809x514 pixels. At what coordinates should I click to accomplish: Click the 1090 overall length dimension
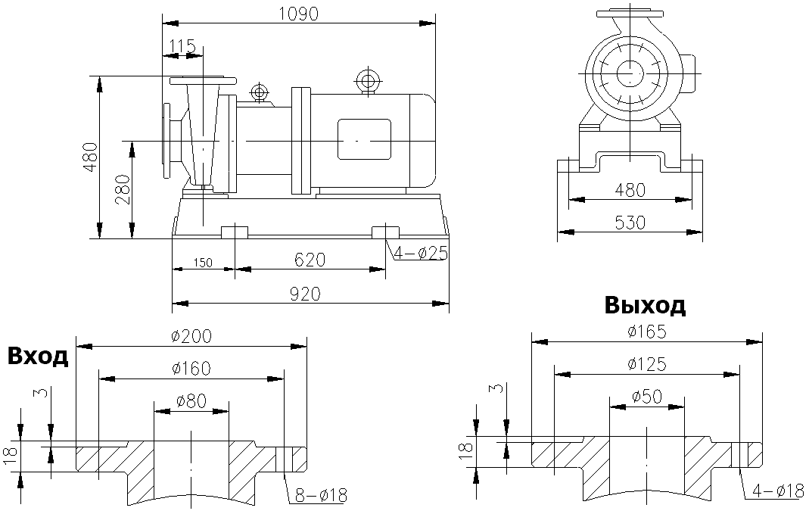(298, 13)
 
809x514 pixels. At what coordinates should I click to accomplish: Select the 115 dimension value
(182, 47)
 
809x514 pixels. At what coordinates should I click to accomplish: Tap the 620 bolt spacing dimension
(310, 260)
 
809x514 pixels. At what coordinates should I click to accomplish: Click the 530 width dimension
(630, 223)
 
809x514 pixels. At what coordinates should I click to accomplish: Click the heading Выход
(645, 305)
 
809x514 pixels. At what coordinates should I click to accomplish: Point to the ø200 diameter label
(191, 335)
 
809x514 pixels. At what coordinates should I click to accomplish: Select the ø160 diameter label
(191, 368)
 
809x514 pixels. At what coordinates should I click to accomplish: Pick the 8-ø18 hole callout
(321, 496)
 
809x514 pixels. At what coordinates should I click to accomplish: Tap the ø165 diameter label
(646, 331)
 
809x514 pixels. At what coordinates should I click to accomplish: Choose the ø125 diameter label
(646, 364)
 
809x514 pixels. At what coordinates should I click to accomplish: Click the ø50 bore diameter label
(646, 397)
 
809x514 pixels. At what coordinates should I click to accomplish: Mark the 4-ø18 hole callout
(778, 491)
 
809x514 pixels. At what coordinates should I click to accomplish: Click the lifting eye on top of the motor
(369, 79)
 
